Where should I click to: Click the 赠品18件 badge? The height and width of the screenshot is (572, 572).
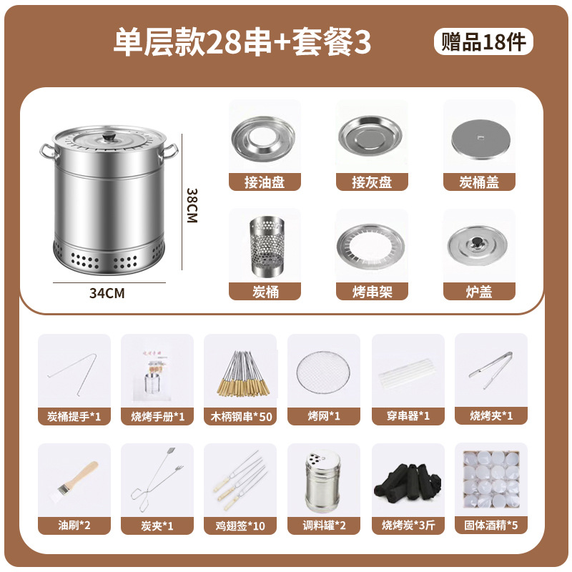point(483,42)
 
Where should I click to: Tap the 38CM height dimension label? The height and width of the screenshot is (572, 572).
point(192,206)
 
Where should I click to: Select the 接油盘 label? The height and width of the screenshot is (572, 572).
point(265,183)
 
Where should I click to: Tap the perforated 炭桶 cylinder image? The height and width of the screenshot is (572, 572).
point(265,247)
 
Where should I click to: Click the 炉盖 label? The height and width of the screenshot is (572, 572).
point(479,292)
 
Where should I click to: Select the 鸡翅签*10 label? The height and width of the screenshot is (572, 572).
point(240,526)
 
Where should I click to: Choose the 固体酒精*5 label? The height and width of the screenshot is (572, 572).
point(491,526)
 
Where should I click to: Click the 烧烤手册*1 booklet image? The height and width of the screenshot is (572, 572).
point(156,372)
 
